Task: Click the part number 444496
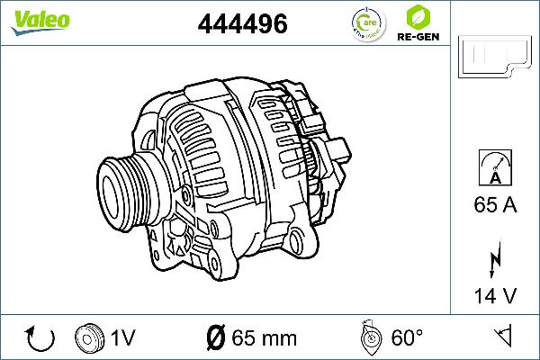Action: (x=242, y=25)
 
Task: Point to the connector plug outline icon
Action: (x=494, y=58)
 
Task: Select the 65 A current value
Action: (x=494, y=205)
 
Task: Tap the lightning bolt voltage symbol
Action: (x=494, y=259)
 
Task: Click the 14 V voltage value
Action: (x=494, y=295)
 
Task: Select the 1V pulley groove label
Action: (x=122, y=338)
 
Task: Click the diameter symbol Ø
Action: (x=215, y=338)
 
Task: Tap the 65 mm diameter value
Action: (x=263, y=338)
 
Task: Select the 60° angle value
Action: (x=407, y=338)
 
